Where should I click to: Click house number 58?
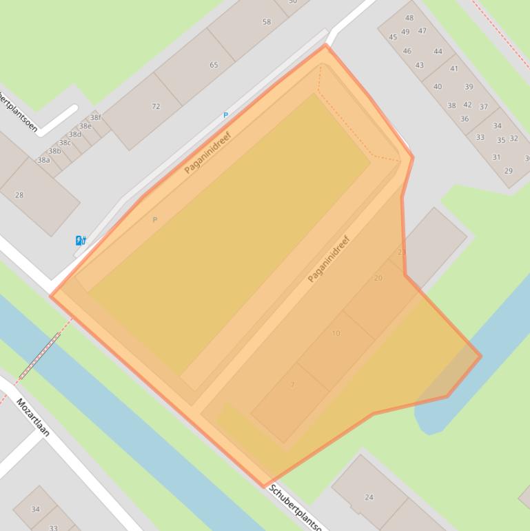[x=267, y=22]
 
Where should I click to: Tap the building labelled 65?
[x=214, y=66]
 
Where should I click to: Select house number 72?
[x=156, y=106]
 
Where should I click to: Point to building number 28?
[x=19, y=195]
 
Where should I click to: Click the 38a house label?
[x=43, y=160]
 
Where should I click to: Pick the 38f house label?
[x=95, y=117]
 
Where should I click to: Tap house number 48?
[x=409, y=18]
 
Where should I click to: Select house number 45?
[x=393, y=37]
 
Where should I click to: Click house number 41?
[x=454, y=68]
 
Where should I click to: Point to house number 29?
[x=509, y=171]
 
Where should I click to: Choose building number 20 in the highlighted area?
[x=378, y=278]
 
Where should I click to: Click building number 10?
[x=336, y=333]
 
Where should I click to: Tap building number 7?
[x=292, y=385]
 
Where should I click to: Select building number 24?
[x=369, y=497]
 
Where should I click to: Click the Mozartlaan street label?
[x=34, y=418]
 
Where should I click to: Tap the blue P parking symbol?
[x=225, y=115]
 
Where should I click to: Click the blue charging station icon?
[x=81, y=240]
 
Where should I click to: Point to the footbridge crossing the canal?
[x=40, y=356]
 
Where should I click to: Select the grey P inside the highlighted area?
[x=154, y=220]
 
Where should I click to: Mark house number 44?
[x=438, y=51]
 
